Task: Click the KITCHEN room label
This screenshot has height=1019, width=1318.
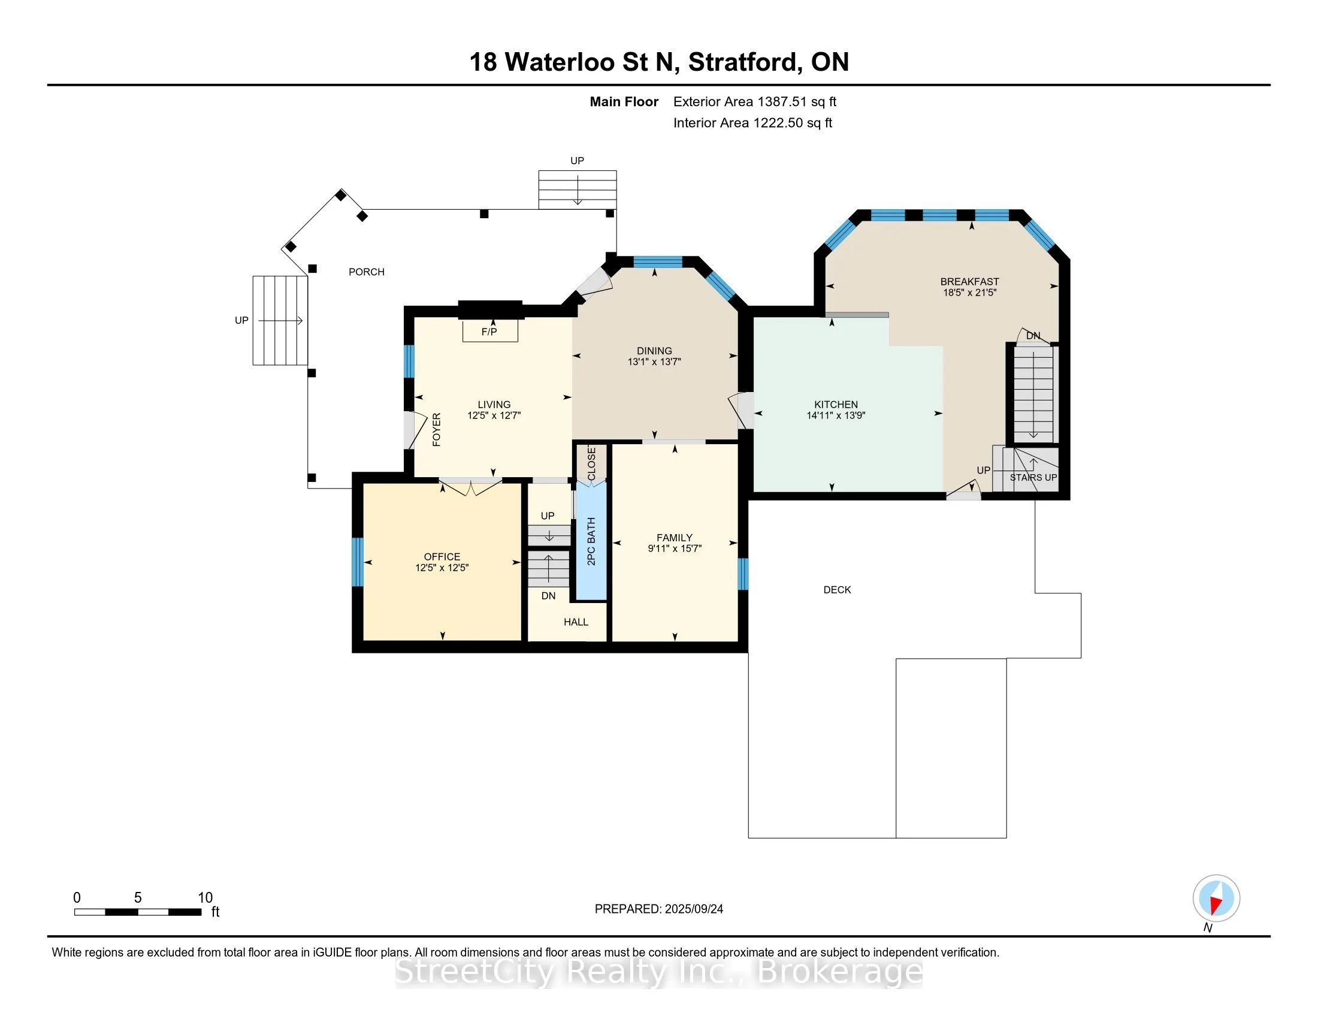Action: tap(836, 405)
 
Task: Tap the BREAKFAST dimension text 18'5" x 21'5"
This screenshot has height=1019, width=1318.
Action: tap(969, 293)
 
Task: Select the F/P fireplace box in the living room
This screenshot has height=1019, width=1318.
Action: tap(489, 331)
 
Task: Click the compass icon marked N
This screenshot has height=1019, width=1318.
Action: tap(1216, 898)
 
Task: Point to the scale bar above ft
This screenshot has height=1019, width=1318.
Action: tap(138, 912)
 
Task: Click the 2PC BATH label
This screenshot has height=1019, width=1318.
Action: tap(591, 541)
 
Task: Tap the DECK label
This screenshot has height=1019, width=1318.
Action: tap(837, 590)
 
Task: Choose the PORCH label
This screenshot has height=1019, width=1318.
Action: tap(366, 272)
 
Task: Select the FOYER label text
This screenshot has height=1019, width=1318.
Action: tap(437, 429)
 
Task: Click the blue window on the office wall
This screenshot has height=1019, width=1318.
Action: tap(357, 562)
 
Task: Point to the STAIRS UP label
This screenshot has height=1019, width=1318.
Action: tap(1033, 478)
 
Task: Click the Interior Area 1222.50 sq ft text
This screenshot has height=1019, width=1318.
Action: tap(752, 123)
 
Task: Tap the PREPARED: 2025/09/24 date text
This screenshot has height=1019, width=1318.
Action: tap(658, 909)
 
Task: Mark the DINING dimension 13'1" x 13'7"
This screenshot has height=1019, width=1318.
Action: tap(654, 361)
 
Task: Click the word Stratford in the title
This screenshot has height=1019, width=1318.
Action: tap(745, 62)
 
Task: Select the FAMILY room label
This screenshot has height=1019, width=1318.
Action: tap(674, 537)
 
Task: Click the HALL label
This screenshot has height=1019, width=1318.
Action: tap(576, 622)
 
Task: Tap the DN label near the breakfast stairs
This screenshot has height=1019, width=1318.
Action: tap(1033, 336)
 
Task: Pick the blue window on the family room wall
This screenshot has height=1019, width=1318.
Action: tap(743, 574)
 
